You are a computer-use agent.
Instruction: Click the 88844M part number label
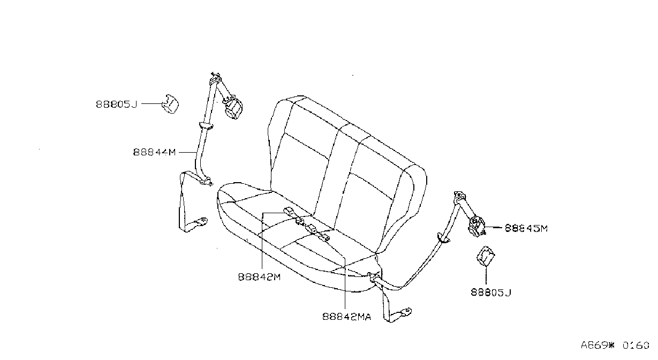point(155,152)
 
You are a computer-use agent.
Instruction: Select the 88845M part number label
point(526,228)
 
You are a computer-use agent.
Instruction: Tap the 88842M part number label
point(259,277)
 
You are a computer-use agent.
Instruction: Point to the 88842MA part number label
point(346,317)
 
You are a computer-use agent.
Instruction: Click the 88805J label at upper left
point(117,104)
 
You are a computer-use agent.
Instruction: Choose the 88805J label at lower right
point(491,292)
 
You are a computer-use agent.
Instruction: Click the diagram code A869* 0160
point(615,345)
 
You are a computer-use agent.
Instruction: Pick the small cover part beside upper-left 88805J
point(170,104)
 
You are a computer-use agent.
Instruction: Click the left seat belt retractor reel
point(233,108)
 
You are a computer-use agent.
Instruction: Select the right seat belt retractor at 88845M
point(477,226)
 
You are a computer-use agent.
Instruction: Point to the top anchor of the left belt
point(216,78)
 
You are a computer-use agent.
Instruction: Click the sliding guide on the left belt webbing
point(206,126)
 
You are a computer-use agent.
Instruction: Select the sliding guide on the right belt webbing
point(443,238)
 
